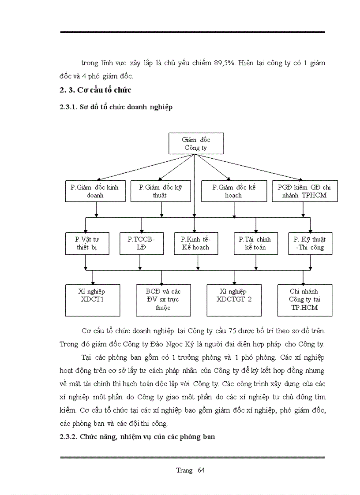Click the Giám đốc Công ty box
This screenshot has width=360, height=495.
tap(196, 144)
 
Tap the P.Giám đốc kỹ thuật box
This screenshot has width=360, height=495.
tap(160, 191)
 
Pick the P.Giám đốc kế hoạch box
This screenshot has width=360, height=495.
tap(234, 191)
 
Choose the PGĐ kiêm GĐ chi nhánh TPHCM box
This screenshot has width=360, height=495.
tap(304, 191)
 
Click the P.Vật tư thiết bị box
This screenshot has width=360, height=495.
tap(86, 243)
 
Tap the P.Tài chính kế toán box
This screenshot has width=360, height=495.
tap(255, 243)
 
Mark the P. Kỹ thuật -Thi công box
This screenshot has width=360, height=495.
tap(310, 243)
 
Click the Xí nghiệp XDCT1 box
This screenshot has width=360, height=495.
tap(93, 300)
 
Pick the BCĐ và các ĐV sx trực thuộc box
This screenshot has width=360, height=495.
tap(163, 300)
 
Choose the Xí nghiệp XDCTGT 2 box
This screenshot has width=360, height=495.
tap(234, 300)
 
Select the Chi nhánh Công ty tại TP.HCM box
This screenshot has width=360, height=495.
tap(304, 300)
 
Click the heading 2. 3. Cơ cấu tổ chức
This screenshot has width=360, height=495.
tap(96, 90)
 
